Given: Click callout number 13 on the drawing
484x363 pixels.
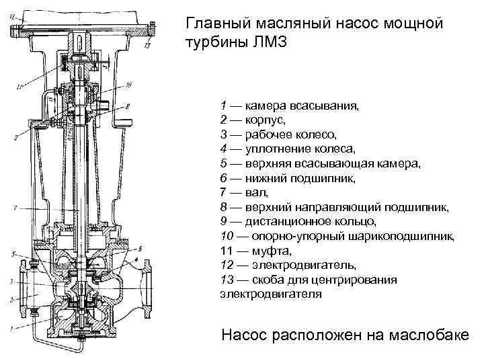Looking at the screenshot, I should click(x=148, y=46).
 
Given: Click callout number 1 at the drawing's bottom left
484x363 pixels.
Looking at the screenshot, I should click(x=10, y=327).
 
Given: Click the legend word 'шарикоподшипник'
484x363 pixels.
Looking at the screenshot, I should click(x=405, y=236).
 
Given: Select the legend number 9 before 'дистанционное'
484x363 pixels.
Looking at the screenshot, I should click(x=223, y=221).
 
